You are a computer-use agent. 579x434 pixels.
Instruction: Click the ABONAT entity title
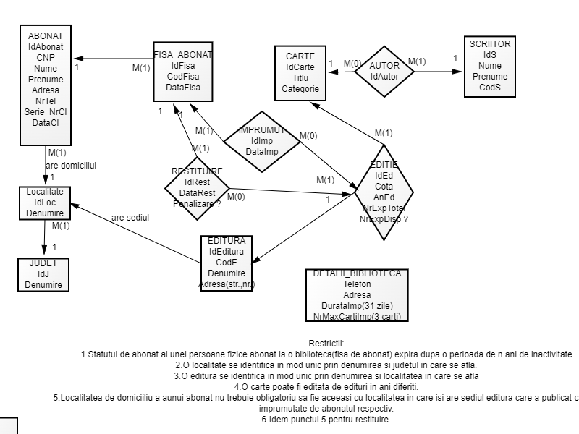[46, 35]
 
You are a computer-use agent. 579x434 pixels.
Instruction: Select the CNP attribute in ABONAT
[46, 57]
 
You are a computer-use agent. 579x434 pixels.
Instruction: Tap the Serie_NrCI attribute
[46, 111]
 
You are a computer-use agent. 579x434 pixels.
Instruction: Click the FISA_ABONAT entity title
[183, 54]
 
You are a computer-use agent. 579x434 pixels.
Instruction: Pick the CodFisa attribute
[183, 76]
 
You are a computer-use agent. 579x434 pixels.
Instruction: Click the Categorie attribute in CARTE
[300, 89]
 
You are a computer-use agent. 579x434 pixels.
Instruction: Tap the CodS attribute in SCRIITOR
[489, 88]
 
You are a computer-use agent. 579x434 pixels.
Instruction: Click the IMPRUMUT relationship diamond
[262, 129]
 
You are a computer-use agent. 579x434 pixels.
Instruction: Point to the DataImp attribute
[262, 151]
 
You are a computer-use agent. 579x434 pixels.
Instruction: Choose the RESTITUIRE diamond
[197, 171]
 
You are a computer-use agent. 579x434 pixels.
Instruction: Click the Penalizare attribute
[197, 203]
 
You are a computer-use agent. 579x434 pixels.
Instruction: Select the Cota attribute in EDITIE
[384, 186]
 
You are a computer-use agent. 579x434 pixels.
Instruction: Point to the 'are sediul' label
[130, 217]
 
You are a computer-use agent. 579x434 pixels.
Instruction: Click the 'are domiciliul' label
[71, 165]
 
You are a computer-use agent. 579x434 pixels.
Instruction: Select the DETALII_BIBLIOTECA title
[357, 273]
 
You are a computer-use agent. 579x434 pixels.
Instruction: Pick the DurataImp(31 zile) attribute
[357, 306]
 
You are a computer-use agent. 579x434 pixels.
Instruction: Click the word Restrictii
[326, 343]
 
